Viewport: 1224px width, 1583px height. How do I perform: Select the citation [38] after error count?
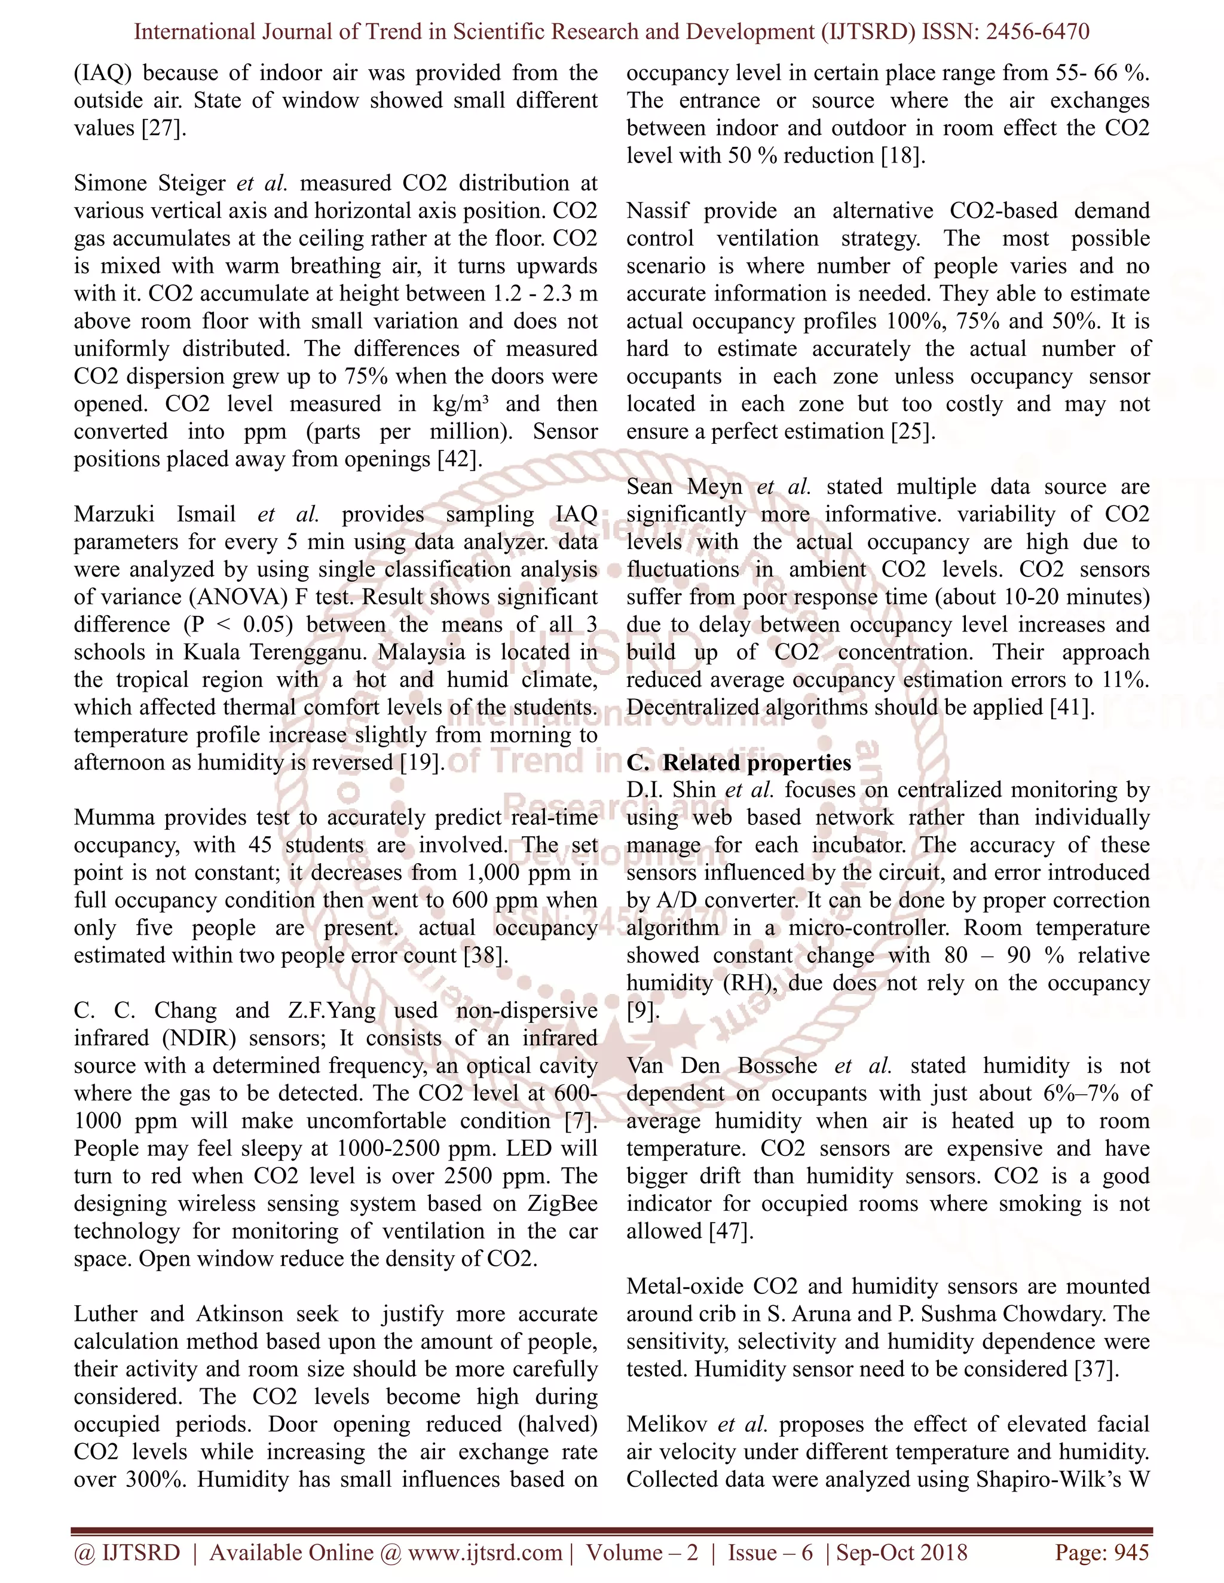point(485,955)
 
